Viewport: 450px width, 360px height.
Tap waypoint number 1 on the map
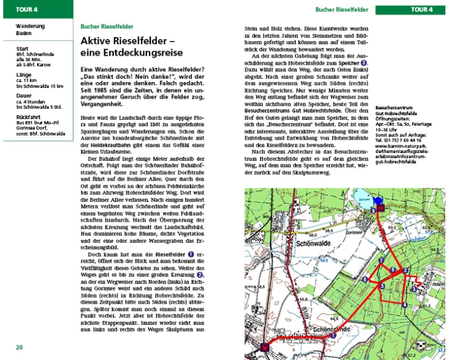[x=333, y=336]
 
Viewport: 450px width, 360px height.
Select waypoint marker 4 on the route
[x=404, y=304]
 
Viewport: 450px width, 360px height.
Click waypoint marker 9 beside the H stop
[x=374, y=210]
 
